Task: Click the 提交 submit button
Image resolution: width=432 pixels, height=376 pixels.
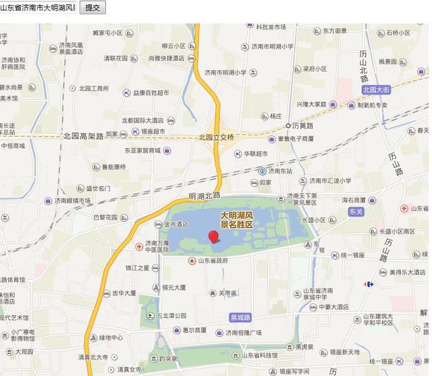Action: tap(93, 7)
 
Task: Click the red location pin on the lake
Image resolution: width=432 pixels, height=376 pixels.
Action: tap(214, 236)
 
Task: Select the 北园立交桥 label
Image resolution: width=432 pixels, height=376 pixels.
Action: tap(216, 137)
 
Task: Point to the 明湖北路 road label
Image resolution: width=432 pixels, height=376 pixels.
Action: tap(205, 196)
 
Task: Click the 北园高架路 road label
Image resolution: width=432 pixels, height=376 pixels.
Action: tap(83, 136)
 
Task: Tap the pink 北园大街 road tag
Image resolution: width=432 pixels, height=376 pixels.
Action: tap(376, 89)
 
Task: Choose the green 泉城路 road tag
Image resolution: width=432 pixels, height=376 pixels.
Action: tap(240, 317)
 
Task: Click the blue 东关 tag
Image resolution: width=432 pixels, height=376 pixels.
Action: tap(356, 211)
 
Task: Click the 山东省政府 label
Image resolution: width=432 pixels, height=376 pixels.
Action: tap(212, 261)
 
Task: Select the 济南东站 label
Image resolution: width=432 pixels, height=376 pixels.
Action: tap(279, 171)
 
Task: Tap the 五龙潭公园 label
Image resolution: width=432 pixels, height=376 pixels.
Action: tap(171, 315)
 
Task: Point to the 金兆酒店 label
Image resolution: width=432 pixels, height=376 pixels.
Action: tap(175, 224)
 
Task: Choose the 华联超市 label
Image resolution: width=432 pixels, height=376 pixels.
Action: tap(255, 153)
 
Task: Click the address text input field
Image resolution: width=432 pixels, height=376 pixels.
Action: tap(38, 7)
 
